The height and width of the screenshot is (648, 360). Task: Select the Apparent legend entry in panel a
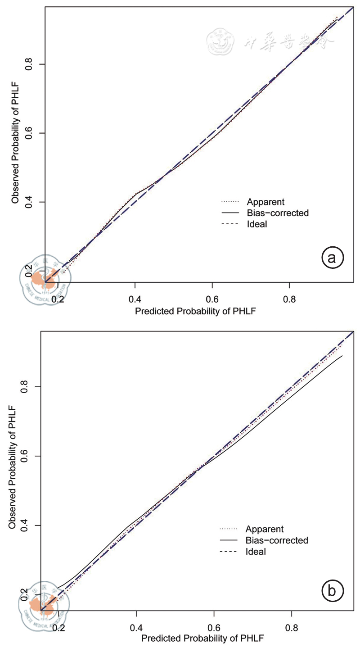265,201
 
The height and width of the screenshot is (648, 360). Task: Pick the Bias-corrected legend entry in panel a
278,213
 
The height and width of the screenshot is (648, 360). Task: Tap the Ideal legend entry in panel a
257,224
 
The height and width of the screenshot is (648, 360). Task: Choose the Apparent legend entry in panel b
265,529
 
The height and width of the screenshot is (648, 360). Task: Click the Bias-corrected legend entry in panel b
277,540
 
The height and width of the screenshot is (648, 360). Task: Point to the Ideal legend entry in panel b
256,551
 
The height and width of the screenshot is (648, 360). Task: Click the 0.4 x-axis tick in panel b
136,627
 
